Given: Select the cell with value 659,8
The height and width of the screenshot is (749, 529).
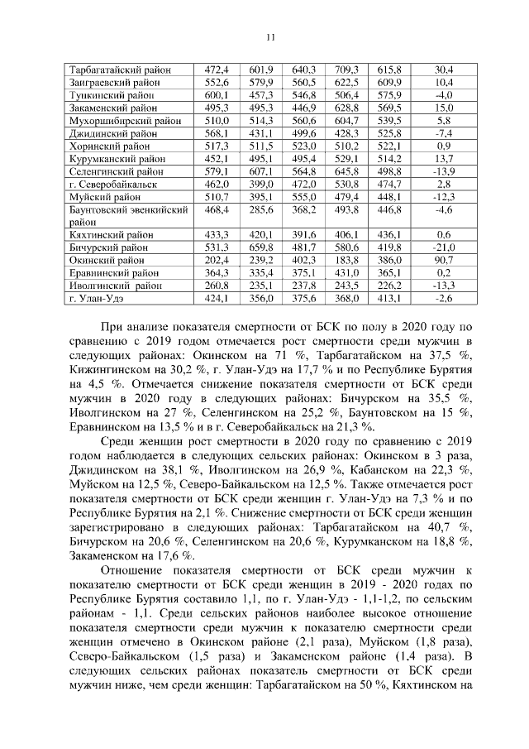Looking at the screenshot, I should coord(260,247).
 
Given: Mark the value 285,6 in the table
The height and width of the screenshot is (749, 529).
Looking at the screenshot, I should coord(260,211).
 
